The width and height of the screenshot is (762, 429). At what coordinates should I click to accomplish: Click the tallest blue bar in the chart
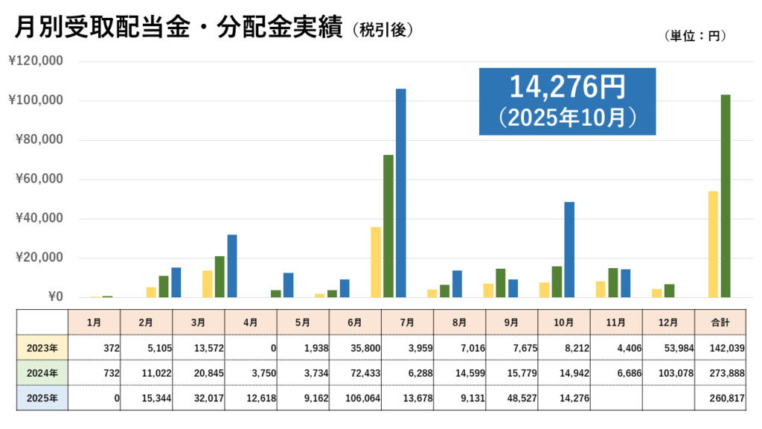pos(400,194)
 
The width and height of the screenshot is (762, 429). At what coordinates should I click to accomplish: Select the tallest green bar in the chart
pos(726,197)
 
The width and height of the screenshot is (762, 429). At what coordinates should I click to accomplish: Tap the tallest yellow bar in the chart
pos(713,244)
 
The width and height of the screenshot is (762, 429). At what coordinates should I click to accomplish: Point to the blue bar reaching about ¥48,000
pos(569,250)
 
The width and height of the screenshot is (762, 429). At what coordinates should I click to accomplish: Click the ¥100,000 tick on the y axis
pos(36,101)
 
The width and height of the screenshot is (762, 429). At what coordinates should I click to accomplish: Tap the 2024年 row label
pos(42,372)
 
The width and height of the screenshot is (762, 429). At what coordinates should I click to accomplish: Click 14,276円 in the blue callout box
pos(566,88)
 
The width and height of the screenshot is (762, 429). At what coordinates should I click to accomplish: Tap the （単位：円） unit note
pos(692,35)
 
